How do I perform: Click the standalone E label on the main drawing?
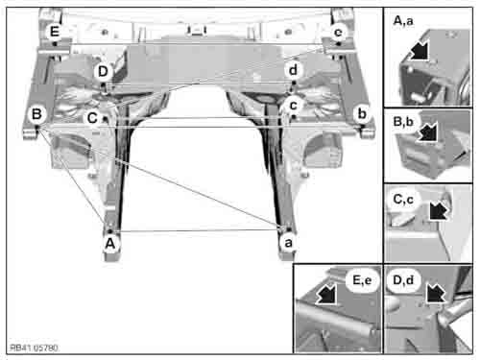[x=55, y=32]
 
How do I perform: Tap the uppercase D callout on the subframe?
[x=103, y=71]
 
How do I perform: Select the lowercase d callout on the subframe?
[x=293, y=70]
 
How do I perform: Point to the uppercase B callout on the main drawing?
[x=36, y=114]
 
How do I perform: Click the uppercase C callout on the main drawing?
[x=92, y=118]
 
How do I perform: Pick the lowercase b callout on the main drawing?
[x=362, y=113]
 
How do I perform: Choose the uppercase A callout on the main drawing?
[x=110, y=244]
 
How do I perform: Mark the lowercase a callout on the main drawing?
[x=288, y=243]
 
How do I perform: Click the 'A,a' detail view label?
[x=403, y=21]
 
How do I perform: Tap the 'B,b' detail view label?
[x=403, y=122]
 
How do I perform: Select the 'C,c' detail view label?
[x=403, y=200]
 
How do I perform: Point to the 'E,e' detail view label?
[x=362, y=280]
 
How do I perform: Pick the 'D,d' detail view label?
[x=403, y=280]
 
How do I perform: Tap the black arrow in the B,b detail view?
[x=427, y=132]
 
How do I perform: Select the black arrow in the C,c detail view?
[x=439, y=209]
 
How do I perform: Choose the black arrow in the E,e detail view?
[x=326, y=294]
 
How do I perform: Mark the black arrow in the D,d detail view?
[x=435, y=292]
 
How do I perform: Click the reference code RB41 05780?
[x=34, y=348]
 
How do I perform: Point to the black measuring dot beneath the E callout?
[x=55, y=43]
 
